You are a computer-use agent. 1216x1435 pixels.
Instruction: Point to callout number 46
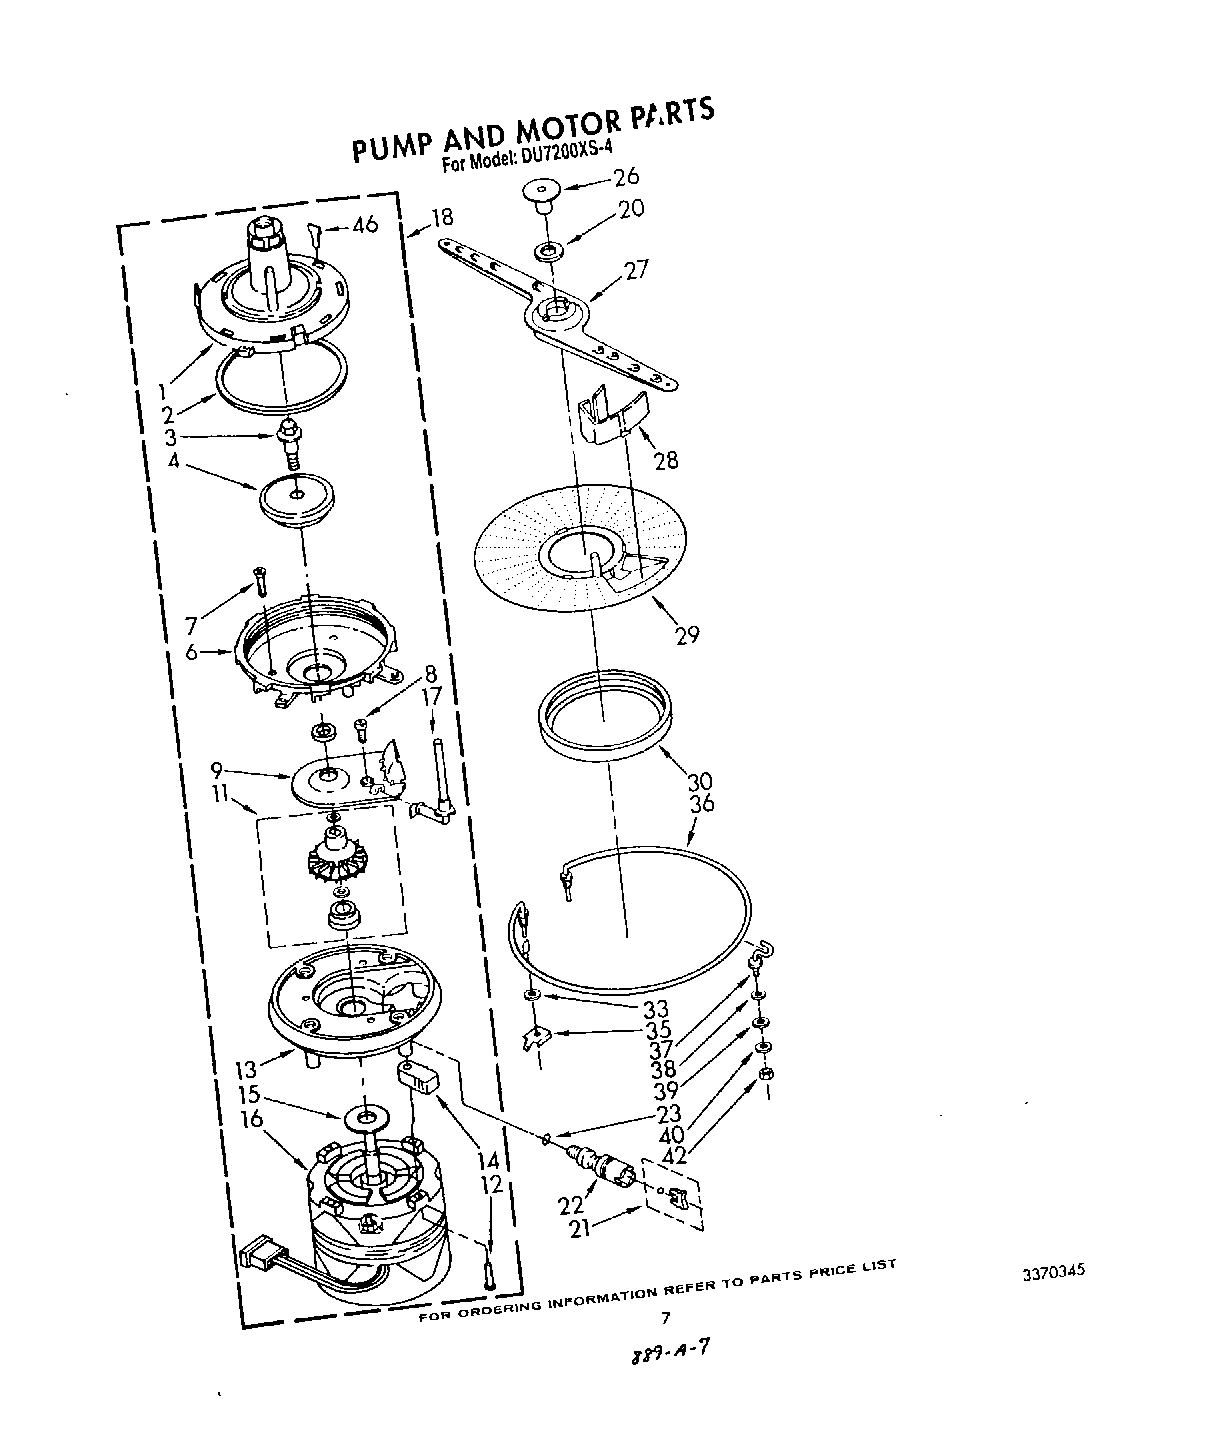[x=365, y=224]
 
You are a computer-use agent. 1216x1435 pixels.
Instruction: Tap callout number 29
[x=686, y=633]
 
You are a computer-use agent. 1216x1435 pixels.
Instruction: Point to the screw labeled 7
[x=260, y=580]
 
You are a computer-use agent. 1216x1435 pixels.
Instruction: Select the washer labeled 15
[x=368, y=1115]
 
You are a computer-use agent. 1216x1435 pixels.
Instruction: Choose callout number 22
[x=570, y=1205]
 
